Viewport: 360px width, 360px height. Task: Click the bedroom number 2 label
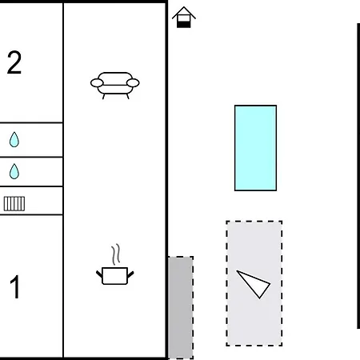[14, 62]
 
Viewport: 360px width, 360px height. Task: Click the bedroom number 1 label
[15, 287]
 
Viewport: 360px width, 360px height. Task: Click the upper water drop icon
[14, 139]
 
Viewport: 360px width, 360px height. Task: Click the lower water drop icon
[14, 171]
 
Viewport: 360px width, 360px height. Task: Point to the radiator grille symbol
[14, 204]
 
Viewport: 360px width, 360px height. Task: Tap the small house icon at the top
[184, 18]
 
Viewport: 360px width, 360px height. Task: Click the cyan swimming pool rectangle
[255, 148]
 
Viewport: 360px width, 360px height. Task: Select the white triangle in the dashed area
[254, 283]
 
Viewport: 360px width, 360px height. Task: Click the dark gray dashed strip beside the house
[181, 307]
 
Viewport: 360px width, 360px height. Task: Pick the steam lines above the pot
[116, 254]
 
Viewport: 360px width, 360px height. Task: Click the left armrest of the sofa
[97, 83]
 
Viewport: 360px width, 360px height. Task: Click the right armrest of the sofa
[133, 83]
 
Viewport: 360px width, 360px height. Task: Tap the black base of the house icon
[184, 25]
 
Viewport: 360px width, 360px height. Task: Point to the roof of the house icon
[184, 13]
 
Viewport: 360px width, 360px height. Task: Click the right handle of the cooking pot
[130, 274]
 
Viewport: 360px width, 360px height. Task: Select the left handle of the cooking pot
[99, 274]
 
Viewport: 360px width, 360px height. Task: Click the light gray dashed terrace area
[254, 283]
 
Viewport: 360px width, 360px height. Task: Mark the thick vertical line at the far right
[358, 176]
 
